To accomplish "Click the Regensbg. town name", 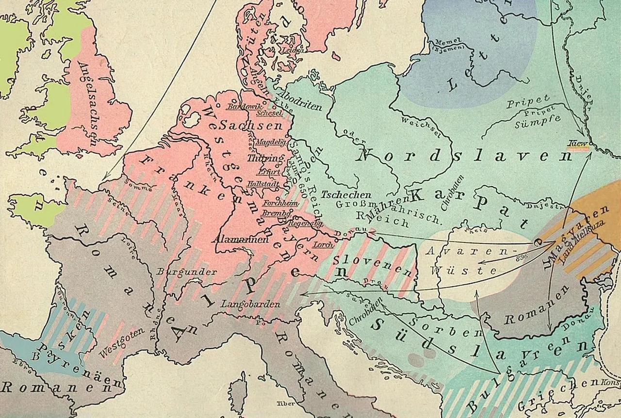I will (x=299, y=224).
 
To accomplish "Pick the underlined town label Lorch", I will (x=324, y=245).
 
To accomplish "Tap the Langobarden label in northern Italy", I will (x=250, y=305).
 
